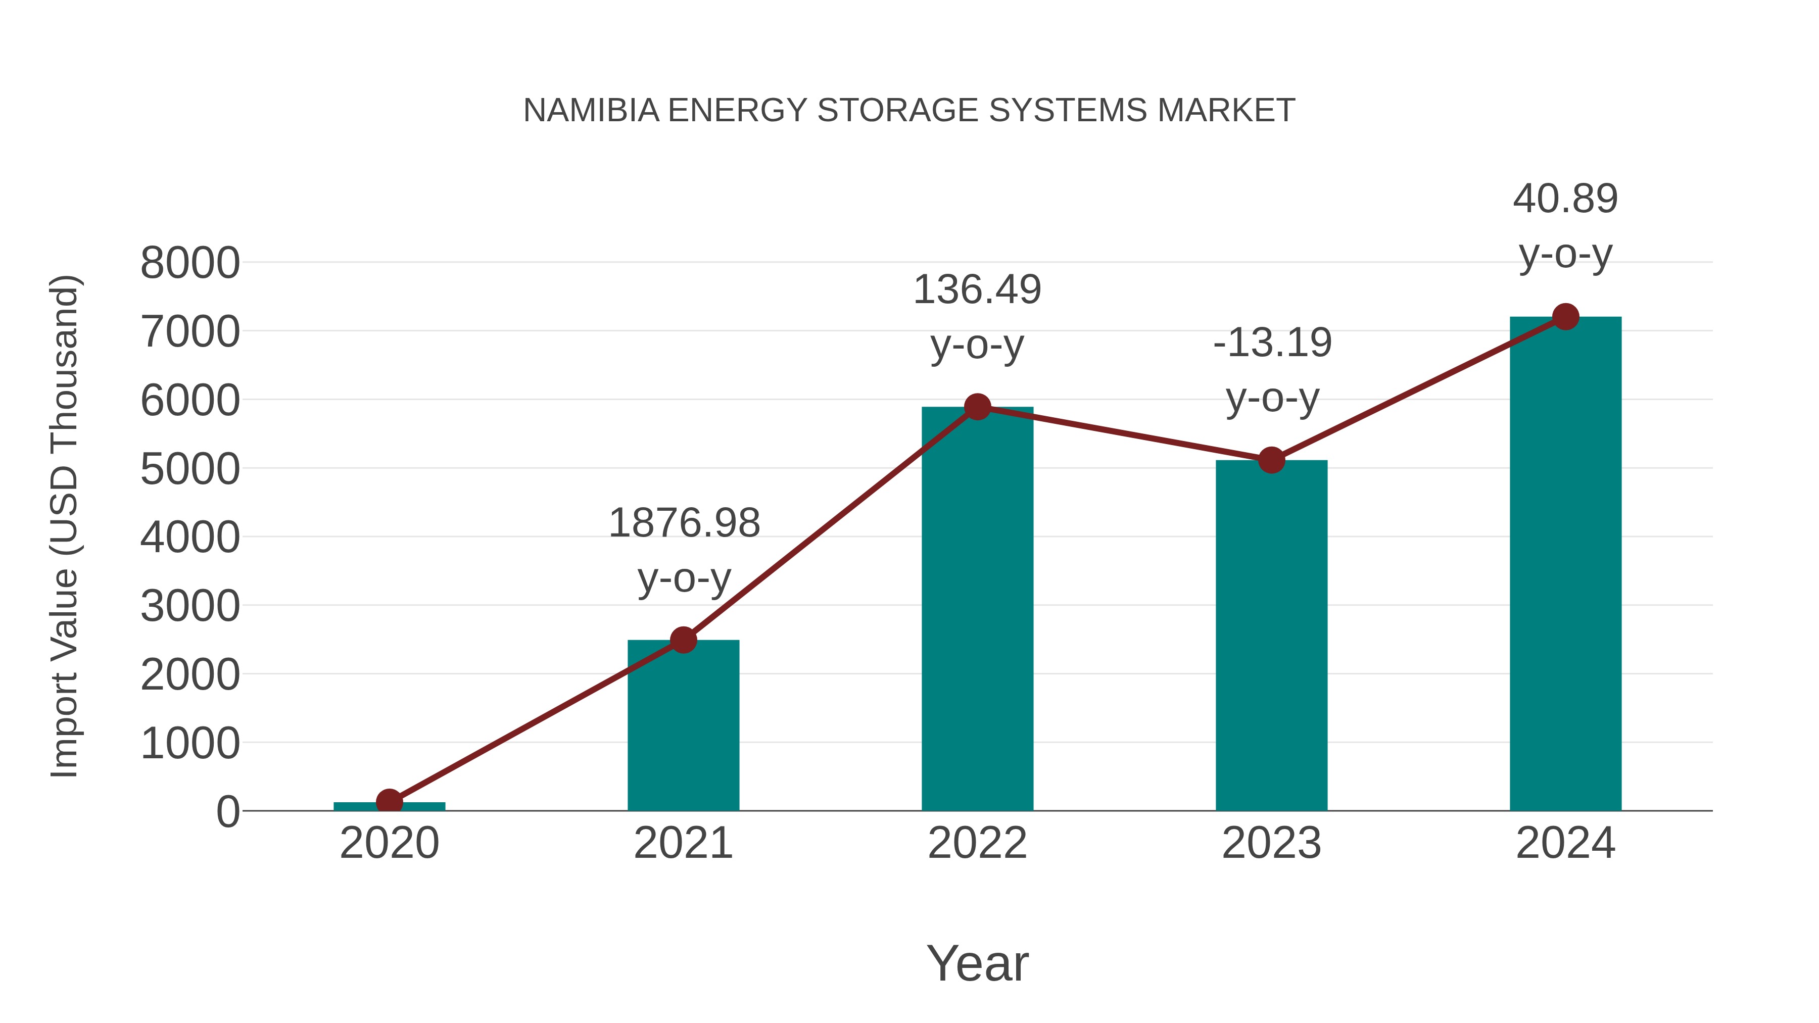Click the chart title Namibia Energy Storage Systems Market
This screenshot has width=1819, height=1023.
(909, 110)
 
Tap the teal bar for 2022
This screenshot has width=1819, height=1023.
(977, 614)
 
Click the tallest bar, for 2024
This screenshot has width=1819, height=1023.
(1565, 565)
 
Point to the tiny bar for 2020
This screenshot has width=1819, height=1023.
(424, 806)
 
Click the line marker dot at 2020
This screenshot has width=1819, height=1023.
(389, 801)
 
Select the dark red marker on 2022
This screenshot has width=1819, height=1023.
(977, 407)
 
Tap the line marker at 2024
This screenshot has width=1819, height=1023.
(1565, 317)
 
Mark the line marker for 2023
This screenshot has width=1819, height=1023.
(1271, 460)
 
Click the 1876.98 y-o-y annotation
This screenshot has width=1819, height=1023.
(684, 524)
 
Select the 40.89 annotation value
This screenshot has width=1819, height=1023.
(1565, 199)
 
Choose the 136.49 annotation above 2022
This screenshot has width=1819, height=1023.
(977, 290)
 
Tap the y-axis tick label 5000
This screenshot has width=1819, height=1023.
(190, 469)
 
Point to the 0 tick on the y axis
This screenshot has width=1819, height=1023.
(227, 812)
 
